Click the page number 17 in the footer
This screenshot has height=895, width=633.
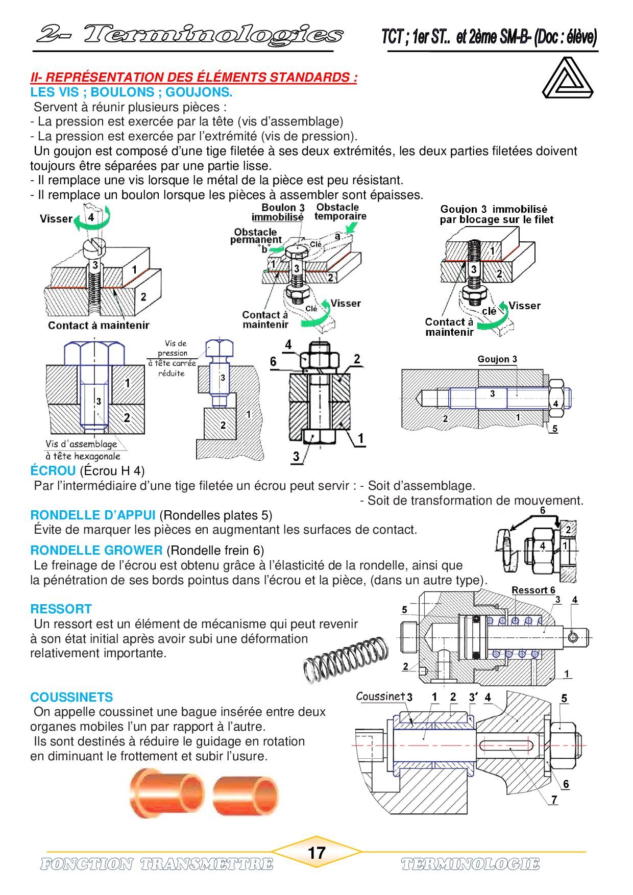[x=316, y=853]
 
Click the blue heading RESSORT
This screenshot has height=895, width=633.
[x=61, y=609]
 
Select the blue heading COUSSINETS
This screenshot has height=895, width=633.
[x=71, y=697]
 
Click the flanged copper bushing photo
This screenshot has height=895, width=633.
[x=166, y=793]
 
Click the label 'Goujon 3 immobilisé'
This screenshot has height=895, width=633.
[x=494, y=209]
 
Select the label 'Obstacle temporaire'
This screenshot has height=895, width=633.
[x=340, y=212]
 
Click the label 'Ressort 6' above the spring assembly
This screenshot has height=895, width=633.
[x=533, y=590]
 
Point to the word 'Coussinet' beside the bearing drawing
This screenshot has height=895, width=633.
[x=380, y=697]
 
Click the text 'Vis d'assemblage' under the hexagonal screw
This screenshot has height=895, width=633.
[x=81, y=444]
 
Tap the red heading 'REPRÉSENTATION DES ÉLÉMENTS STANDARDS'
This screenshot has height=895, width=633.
[x=194, y=78]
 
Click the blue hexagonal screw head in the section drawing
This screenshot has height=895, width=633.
[x=94, y=353]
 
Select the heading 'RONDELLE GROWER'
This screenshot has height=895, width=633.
[x=96, y=551]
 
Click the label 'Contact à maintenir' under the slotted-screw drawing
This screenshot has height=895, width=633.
[x=99, y=326]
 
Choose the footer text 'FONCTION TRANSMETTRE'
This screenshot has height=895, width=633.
[x=156, y=864]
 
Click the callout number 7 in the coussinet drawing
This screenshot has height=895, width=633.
[x=554, y=800]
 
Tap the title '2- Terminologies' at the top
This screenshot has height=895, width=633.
[x=189, y=35]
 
